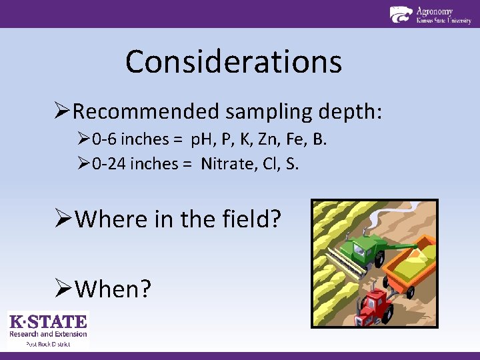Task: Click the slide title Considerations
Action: (x=233, y=62)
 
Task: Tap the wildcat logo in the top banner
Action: (x=401, y=15)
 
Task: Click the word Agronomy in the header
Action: (x=434, y=11)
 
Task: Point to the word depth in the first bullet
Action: (x=350, y=111)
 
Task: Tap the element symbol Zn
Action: (x=277, y=140)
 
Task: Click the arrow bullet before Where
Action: (x=63, y=219)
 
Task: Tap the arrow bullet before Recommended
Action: (x=63, y=111)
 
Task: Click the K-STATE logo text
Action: (x=48, y=322)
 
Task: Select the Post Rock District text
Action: (x=48, y=343)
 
